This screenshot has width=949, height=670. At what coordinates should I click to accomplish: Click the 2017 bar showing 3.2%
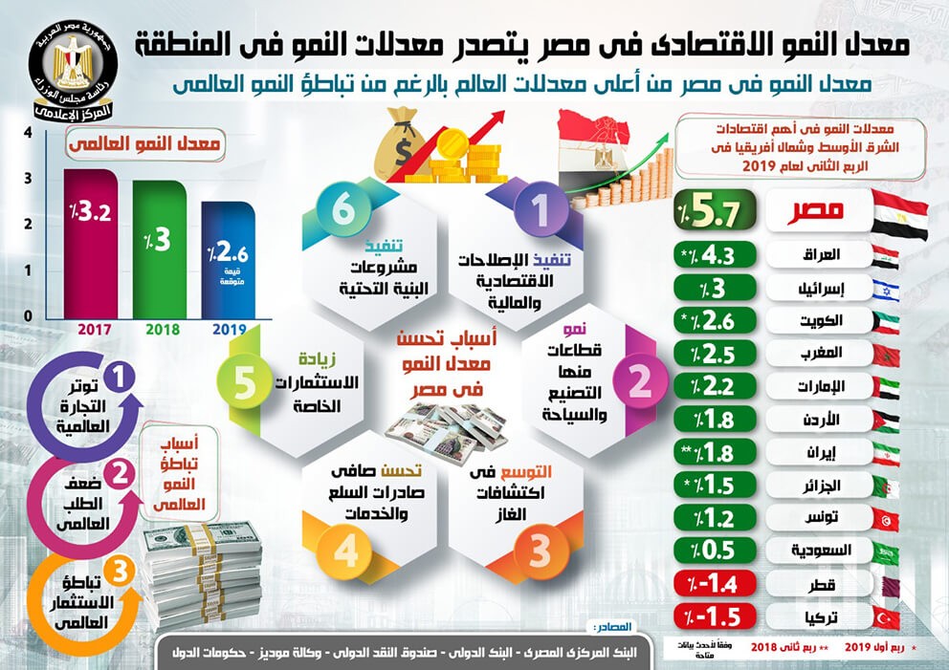(x=90, y=244)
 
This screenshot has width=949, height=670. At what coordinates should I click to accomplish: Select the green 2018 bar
(x=159, y=249)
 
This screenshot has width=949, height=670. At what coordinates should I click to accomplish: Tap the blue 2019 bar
(x=228, y=260)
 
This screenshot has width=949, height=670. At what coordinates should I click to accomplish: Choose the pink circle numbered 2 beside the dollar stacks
(x=120, y=471)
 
